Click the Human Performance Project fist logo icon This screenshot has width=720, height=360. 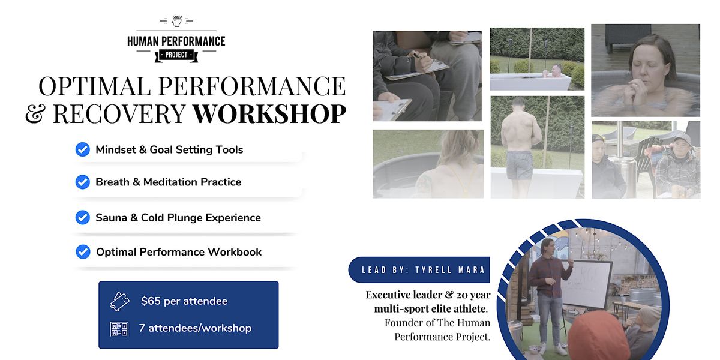(176, 21)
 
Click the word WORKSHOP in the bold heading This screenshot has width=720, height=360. (269, 113)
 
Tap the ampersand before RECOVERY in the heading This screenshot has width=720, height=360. (36, 113)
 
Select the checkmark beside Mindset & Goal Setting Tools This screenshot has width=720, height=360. (83, 149)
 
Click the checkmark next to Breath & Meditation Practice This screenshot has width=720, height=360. (83, 182)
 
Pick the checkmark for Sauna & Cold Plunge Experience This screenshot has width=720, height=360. (83, 217)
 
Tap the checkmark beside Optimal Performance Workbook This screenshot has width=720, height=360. (83, 252)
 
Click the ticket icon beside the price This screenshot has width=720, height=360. (119, 301)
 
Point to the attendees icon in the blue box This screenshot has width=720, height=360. (119, 328)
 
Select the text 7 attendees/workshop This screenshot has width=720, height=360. (195, 328)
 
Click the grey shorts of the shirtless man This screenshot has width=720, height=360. (520, 164)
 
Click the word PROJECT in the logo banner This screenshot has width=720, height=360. (176, 55)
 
